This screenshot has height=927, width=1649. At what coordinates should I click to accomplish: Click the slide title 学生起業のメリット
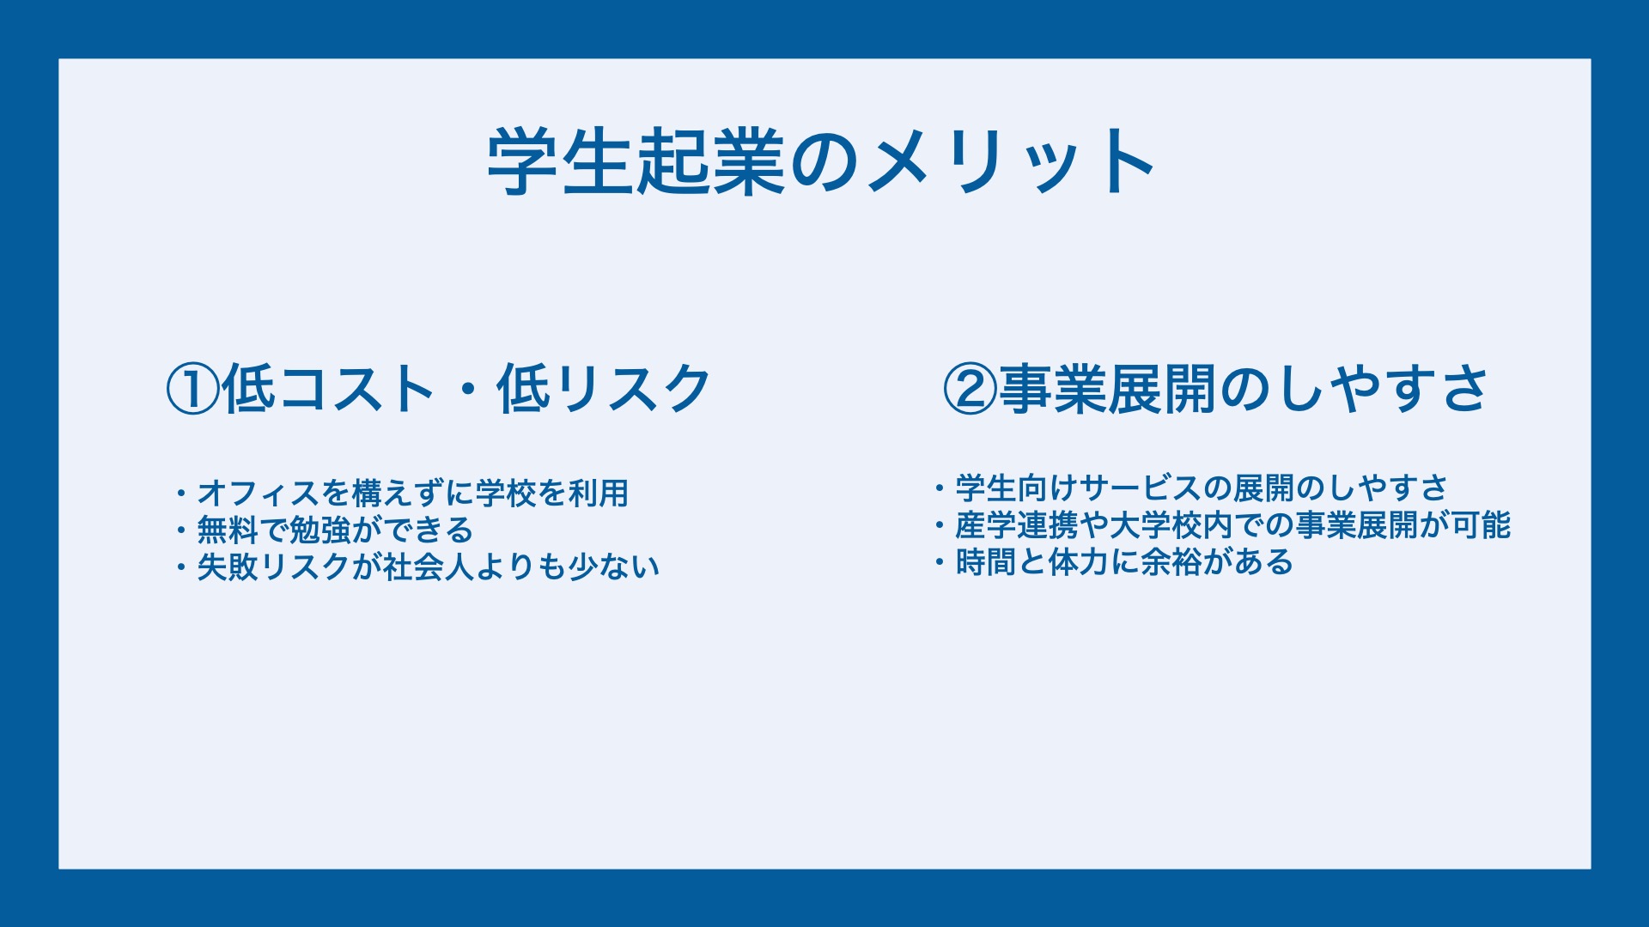[x=822, y=161]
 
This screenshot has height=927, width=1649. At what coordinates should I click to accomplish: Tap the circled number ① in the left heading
[x=193, y=390]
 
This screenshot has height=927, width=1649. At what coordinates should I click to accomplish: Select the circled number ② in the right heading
[x=970, y=390]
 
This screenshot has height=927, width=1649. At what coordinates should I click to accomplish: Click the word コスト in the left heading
[x=357, y=390]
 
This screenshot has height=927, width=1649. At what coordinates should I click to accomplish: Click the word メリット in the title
[x=1011, y=161]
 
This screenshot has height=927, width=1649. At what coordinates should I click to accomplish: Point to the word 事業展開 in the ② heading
[x=1108, y=390]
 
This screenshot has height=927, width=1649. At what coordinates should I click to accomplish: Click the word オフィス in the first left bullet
[x=259, y=494]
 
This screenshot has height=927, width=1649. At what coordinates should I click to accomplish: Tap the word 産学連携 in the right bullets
[x=1017, y=525]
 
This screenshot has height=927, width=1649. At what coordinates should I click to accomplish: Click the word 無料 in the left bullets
[x=228, y=530]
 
